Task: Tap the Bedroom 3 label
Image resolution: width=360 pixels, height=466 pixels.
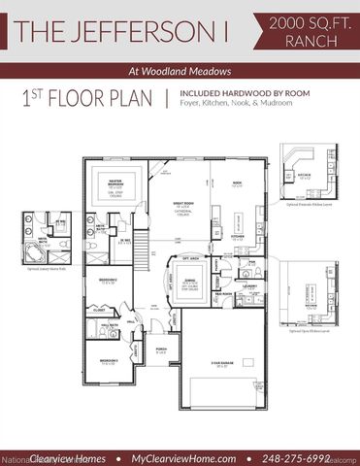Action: coord(108,360)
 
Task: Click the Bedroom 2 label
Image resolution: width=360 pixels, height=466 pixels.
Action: coord(108,282)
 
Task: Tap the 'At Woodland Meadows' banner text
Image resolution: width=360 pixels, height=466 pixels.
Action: coord(180,70)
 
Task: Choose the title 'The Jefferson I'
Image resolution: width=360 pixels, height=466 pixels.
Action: coord(115,28)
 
